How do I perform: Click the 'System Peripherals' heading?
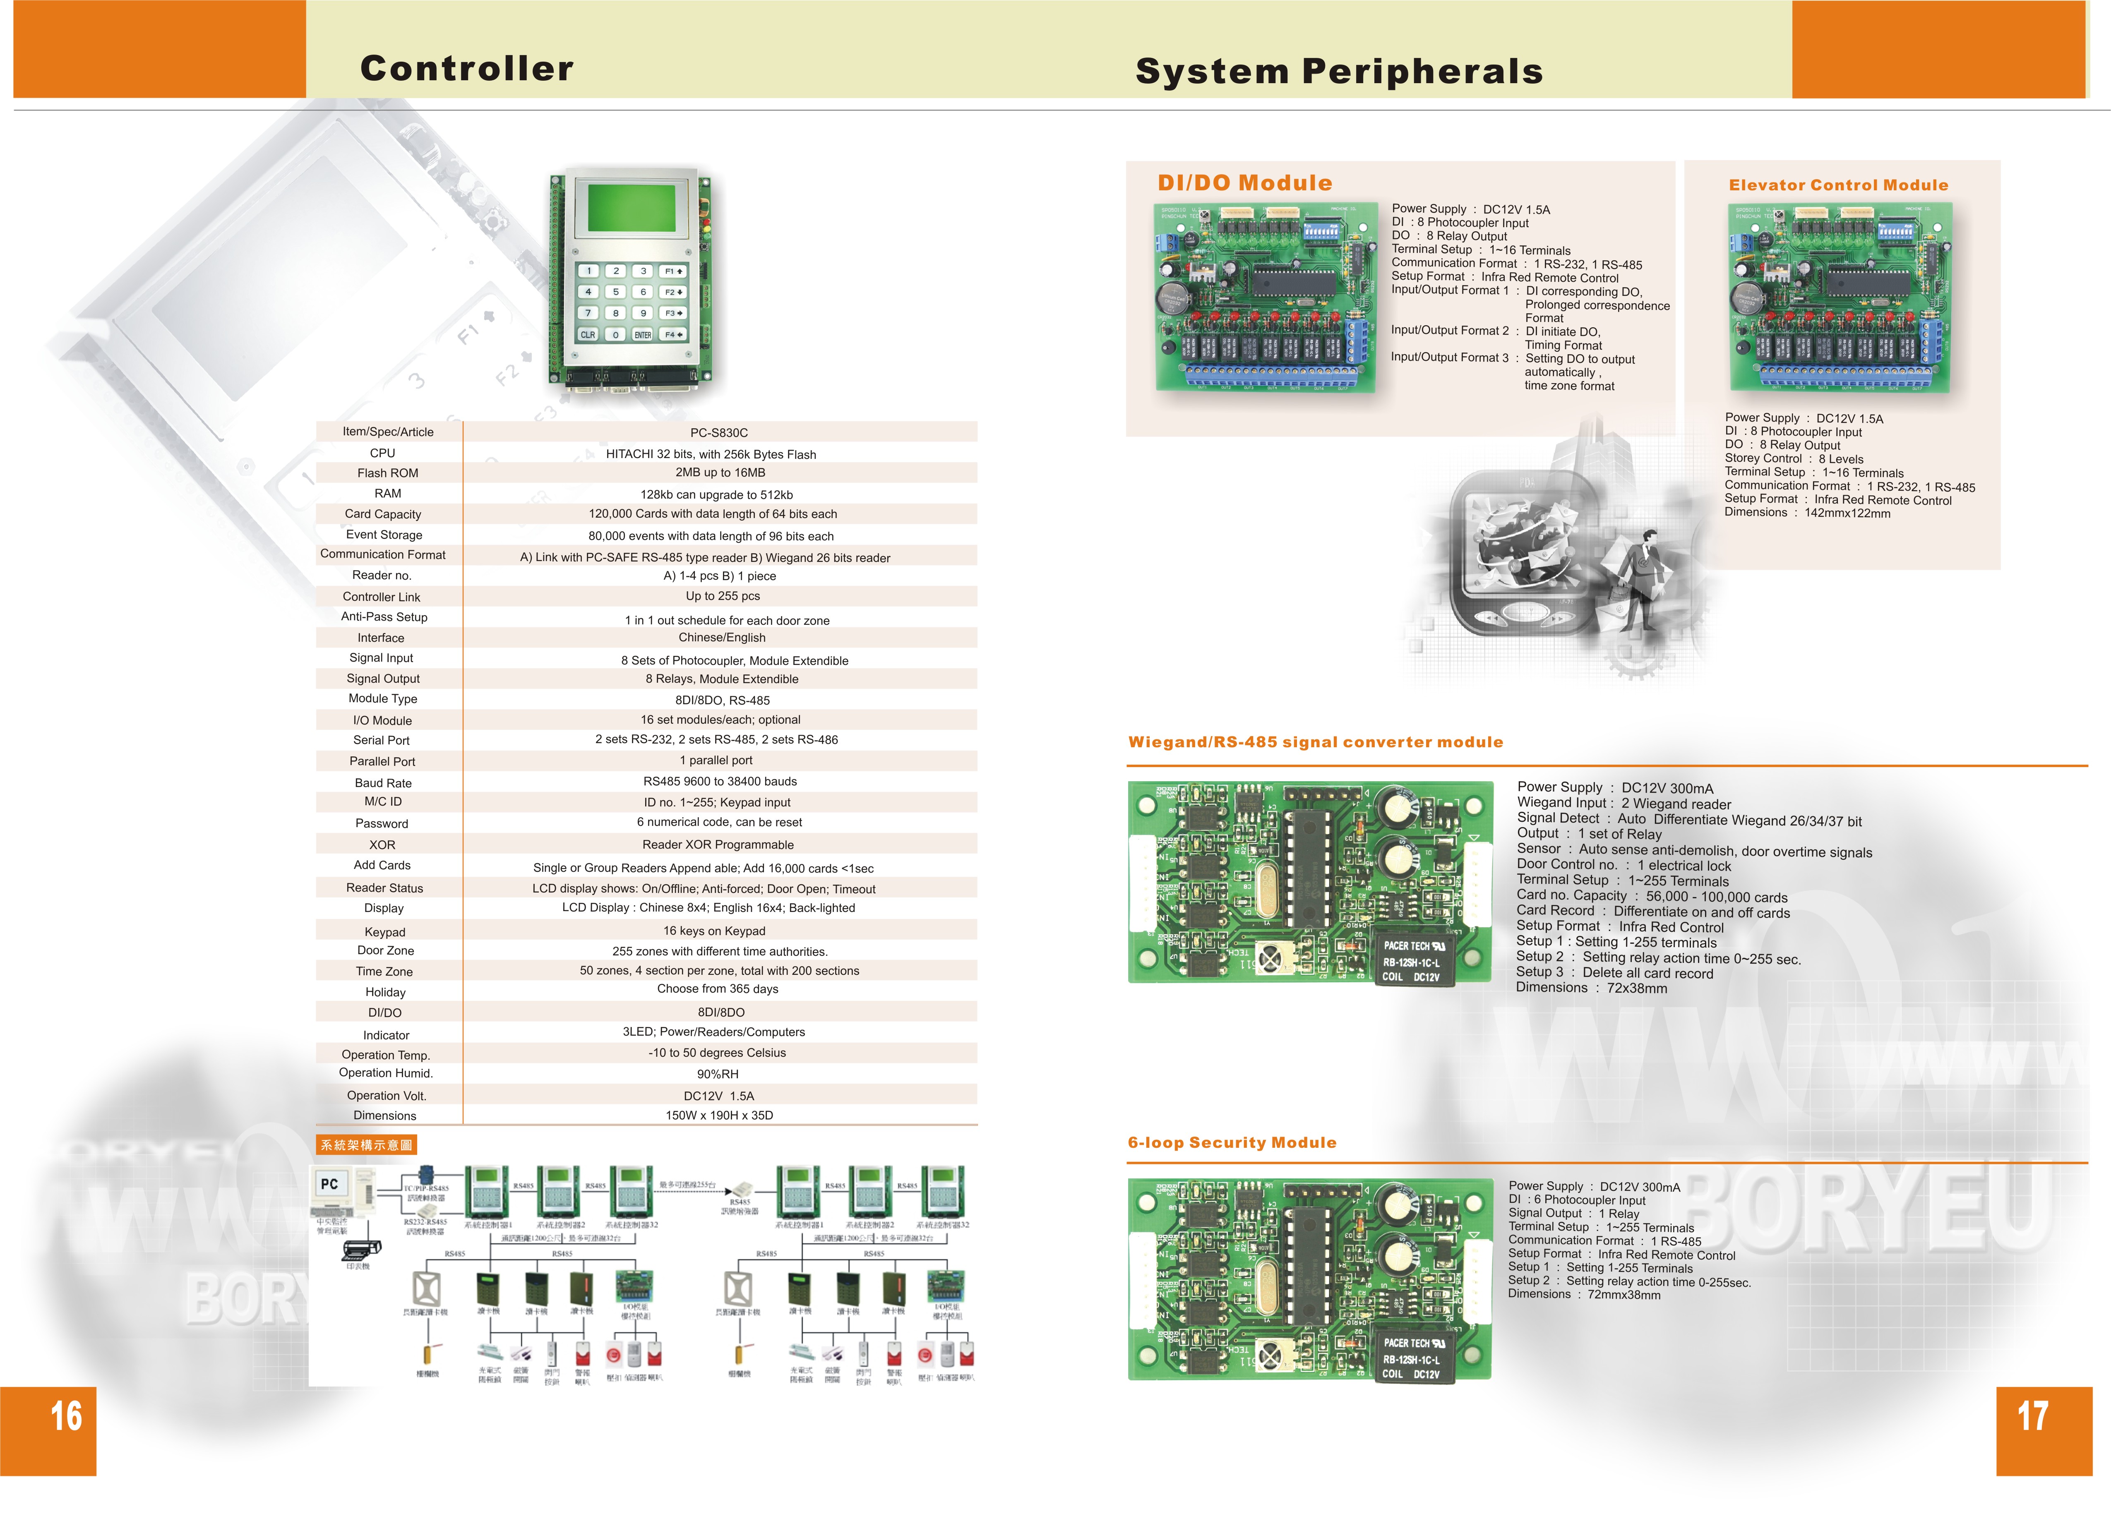1338,72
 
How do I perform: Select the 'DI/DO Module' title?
1244,183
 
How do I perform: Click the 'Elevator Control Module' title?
1838,185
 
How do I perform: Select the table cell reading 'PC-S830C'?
718,433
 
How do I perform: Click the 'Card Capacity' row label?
382,514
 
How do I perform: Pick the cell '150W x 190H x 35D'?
718,1115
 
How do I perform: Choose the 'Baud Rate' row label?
382,783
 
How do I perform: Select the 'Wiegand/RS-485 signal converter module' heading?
1315,742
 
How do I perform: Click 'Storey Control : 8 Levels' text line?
1793,459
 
